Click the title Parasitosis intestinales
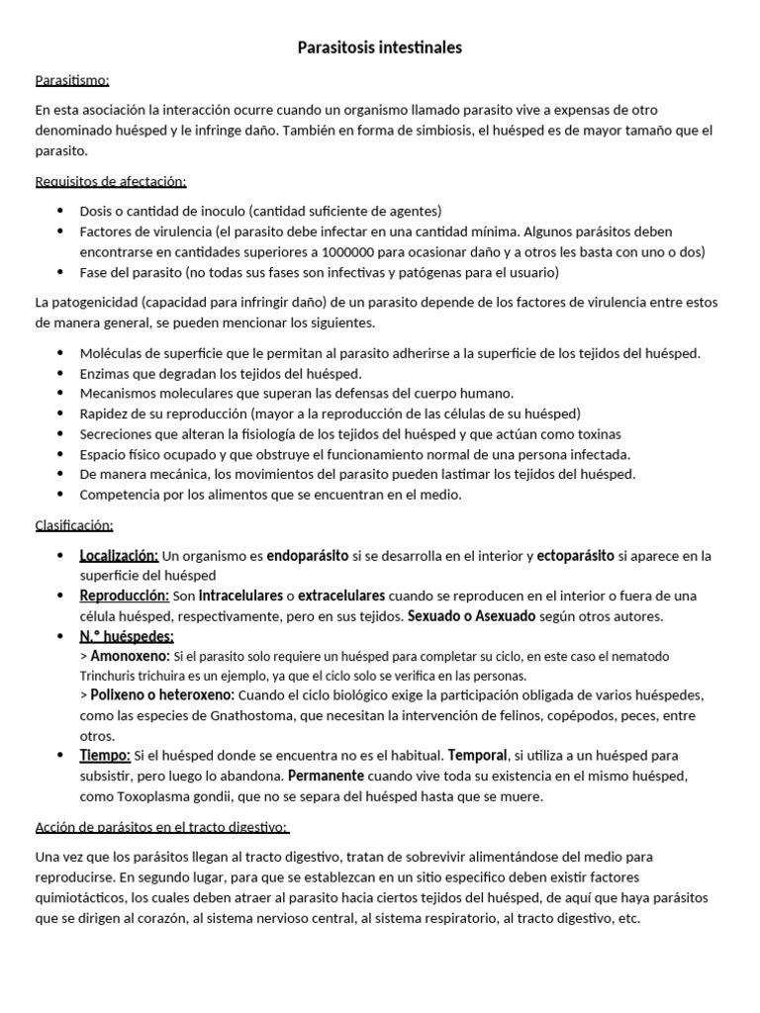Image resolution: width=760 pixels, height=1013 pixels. tap(380, 47)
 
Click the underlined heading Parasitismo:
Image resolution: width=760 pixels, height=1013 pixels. tap(72, 80)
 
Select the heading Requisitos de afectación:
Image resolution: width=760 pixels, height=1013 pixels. tap(110, 181)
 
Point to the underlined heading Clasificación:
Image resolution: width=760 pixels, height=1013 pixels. tap(74, 524)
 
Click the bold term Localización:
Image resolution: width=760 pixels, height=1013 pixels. tap(119, 555)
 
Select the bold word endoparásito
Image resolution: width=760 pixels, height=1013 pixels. tap(307, 555)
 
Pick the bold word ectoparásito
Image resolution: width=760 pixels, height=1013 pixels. tap(575, 555)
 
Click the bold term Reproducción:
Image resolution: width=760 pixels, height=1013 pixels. tap(124, 596)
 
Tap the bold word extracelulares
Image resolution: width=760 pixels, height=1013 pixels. tap(341, 596)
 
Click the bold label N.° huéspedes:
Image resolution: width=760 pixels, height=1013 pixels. tap(126, 636)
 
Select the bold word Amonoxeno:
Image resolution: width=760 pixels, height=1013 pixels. tap(130, 656)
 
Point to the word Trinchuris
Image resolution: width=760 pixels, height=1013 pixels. tap(107, 676)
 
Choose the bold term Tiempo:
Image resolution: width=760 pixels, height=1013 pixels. tap(105, 757)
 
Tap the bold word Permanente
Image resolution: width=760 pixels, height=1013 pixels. tap(327, 777)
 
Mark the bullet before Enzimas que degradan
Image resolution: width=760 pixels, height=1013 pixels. tap(60, 373)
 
